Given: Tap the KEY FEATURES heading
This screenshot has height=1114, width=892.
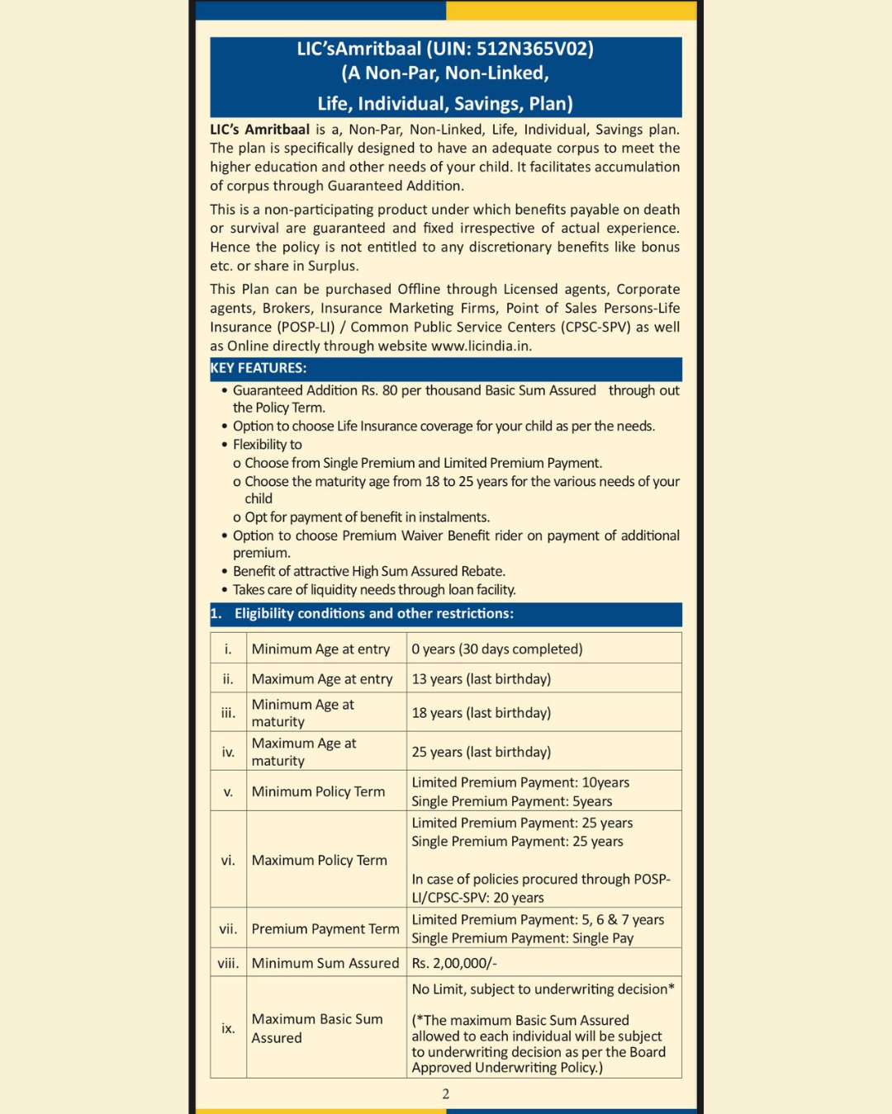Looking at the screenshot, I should pos(259,368).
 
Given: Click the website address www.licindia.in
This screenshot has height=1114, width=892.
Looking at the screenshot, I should pos(481,346).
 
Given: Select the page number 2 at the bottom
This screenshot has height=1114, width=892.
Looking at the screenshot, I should pos(446,1094).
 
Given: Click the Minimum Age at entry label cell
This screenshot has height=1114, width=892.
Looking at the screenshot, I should pos(320,649).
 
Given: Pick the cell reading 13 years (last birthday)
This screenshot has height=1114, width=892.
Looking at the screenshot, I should pos(481,679).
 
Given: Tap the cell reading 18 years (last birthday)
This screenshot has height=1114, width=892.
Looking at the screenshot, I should pos(481,713).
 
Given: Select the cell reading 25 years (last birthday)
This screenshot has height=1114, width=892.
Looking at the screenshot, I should pos(481,752).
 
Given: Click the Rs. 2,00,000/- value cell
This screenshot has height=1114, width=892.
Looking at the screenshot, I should pos(454,963).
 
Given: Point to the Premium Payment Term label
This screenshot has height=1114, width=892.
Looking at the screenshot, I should pos(325,929).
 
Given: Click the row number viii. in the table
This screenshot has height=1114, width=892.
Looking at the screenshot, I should pos(228,963).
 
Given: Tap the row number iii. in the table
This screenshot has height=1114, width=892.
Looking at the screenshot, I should pos(228,713).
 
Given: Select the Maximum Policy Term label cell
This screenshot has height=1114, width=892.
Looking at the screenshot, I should pos(319,860).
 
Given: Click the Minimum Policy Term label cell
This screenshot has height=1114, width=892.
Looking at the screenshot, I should pos(318,791).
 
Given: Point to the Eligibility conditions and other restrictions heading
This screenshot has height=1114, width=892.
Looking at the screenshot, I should pos(373,614).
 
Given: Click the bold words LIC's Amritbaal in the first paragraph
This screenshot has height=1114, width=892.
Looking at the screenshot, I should pos(259,130).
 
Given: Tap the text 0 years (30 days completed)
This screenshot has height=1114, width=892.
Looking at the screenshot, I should pos(496,649).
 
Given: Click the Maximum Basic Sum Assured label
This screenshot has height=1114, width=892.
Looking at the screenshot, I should pos(317,1028).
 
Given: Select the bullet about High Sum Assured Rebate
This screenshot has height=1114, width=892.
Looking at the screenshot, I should pos(368,571).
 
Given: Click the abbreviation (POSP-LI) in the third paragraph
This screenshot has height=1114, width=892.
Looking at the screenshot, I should pos(306,327).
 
